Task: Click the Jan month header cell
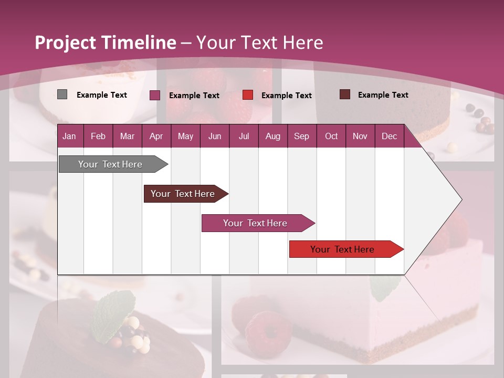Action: pyautogui.click(x=70, y=136)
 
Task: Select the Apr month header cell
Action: pyautogui.click(x=156, y=136)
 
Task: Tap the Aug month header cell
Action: pyautogui.click(x=272, y=136)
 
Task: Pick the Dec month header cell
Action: pyautogui.click(x=389, y=136)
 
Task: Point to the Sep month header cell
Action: pyautogui.click(x=301, y=136)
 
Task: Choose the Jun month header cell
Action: pyautogui.click(x=214, y=136)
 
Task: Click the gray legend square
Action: pyautogui.click(x=62, y=94)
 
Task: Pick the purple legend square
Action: pyautogui.click(x=154, y=95)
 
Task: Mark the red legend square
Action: pyautogui.click(x=248, y=95)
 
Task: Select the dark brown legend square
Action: pyautogui.click(x=344, y=94)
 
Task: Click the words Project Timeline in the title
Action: pyautogui.click(x=105, y=43)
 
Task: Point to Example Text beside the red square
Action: pyautogui.click(x=286, y=96)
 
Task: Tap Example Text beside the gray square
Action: pyautogui.click(x=101, y=95)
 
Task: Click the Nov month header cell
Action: pyautogui.click(x=360, y=136)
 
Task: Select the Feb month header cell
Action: pyautogui.click(x=98, y=136)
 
